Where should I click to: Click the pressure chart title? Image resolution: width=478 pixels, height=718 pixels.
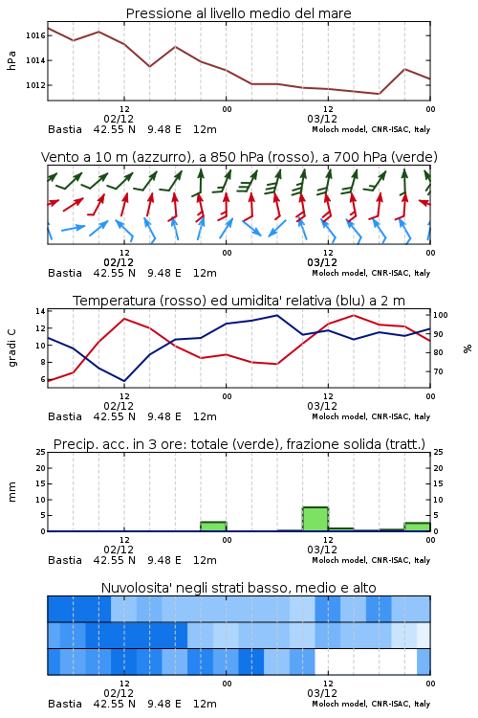point(238,13)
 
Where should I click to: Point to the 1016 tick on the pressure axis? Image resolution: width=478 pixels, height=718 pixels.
point(35,35)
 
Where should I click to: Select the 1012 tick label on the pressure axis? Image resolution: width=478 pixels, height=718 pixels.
point(35,85)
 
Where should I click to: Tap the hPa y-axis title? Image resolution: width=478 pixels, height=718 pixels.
point(11,60)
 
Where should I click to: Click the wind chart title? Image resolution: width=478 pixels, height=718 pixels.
point(239,157)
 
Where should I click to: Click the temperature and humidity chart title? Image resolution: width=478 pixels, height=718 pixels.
point(239,301)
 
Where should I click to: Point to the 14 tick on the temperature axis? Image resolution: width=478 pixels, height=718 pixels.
point(40,311)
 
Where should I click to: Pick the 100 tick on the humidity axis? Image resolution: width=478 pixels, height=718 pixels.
point(441,315)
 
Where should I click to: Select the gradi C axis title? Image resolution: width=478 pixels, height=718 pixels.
point(12,348)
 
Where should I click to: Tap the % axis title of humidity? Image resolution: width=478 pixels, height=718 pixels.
point(467,348)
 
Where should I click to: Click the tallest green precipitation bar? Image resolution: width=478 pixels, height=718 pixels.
point(315,519)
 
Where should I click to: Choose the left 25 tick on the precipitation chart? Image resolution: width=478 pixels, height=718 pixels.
point(40,452)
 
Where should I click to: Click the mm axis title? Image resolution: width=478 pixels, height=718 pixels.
point(11,492)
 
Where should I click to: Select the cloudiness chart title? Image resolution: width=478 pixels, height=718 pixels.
point(238,588)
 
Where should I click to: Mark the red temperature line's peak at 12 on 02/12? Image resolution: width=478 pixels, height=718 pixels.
point(124,318)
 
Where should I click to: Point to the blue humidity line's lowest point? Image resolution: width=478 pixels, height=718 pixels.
point(124,381)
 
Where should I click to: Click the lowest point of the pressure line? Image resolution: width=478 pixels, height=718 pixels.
point(379,94)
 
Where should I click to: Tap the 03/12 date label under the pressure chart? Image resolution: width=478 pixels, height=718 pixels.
point(322,119)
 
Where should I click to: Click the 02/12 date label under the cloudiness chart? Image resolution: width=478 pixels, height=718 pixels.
point(119,693)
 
